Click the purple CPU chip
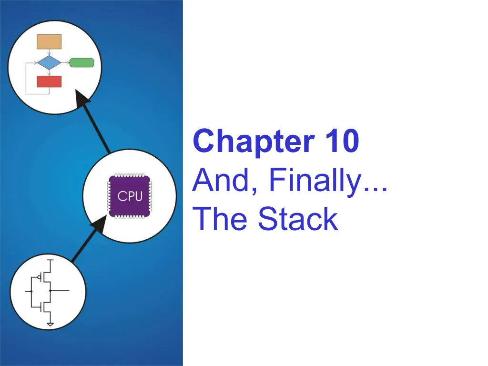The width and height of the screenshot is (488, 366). click(x=129, y=196)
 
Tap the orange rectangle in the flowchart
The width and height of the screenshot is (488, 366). click(x=49, y=41)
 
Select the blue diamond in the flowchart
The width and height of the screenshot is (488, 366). click(x=49, y=62)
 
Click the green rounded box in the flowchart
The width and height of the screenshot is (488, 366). click(x=81, y=62)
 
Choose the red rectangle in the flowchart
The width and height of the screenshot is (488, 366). click(x=49, y=81)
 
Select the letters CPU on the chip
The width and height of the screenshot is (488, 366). click(x=129, y=196)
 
